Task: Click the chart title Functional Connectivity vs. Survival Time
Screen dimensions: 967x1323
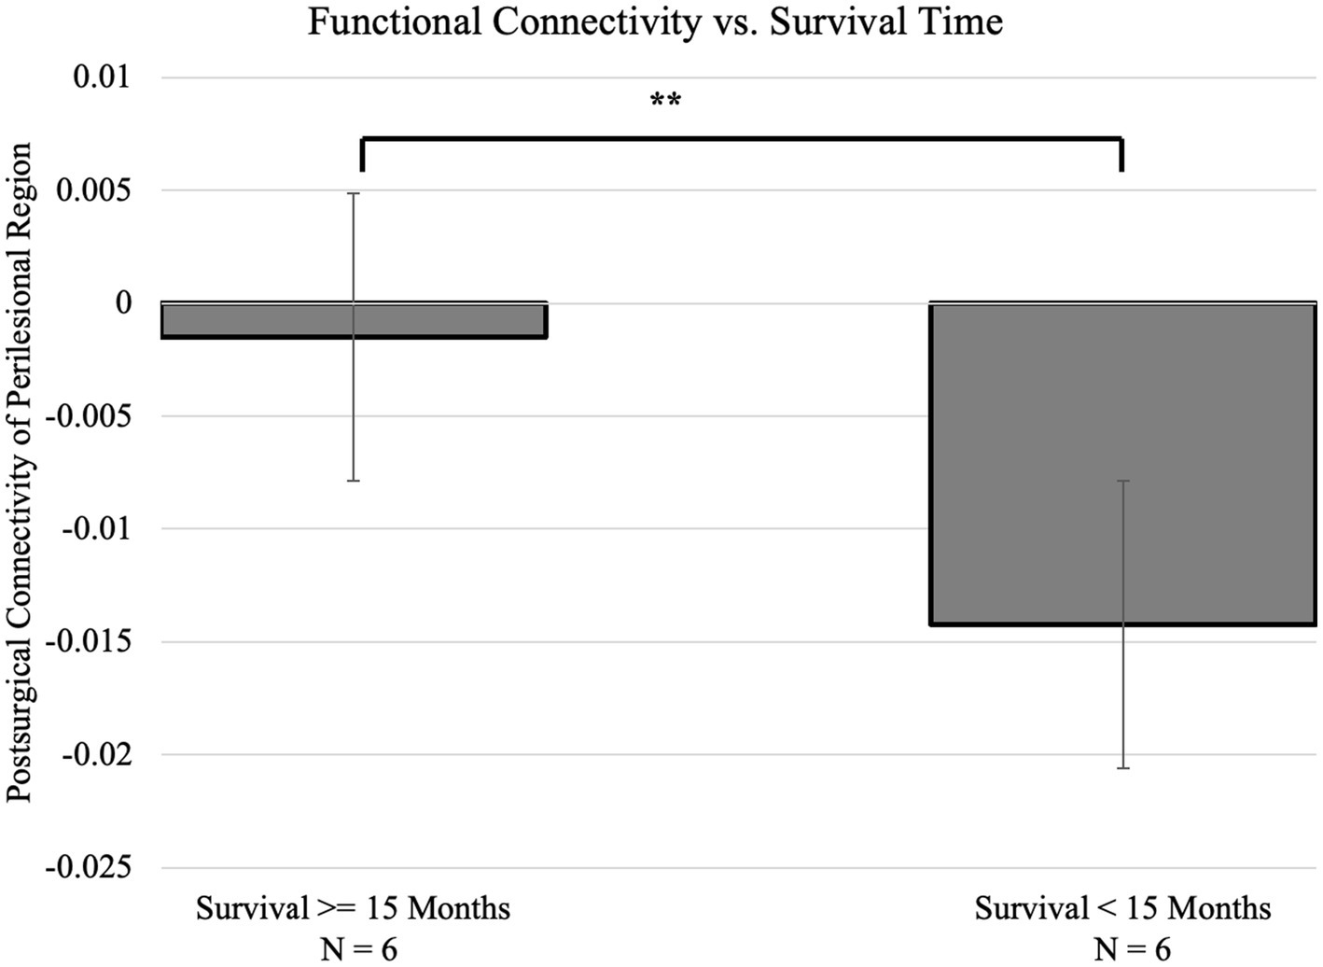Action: pos(655,21)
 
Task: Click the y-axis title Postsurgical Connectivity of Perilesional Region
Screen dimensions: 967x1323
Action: pos(21,472)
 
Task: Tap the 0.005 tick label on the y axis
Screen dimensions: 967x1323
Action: pos(93,190)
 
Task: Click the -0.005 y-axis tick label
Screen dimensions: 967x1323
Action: pos(90,416)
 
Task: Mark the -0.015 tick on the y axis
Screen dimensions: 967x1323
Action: pos(90,642)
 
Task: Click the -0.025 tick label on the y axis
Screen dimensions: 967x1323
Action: pos(90,868)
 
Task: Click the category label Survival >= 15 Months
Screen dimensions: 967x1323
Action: pos(353,908)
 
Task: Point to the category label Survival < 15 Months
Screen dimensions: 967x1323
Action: pos(1122,908)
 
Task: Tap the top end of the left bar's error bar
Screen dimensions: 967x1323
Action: pos(354,193)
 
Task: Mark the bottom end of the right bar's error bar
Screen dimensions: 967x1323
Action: pos(1123,768)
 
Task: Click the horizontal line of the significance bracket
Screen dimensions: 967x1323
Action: pos(742,139)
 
